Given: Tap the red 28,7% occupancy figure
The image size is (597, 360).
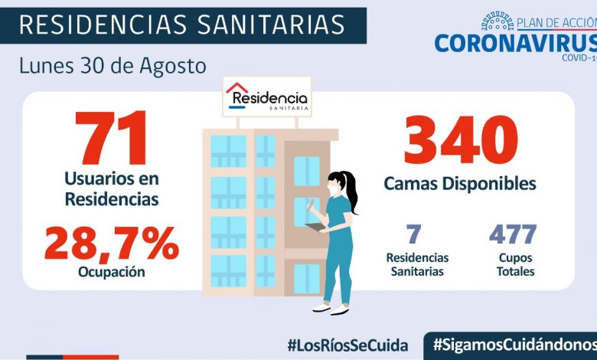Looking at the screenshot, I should click(x=112, y=244).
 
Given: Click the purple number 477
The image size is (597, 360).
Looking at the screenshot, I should click(x=512, y=234).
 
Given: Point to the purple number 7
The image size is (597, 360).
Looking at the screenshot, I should click(x=414, y=234).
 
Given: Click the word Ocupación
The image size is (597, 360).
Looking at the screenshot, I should click(x=112, y=273).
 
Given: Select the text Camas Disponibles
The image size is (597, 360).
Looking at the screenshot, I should click(x=459, y=185).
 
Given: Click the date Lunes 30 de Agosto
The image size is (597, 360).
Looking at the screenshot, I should click(x=113, y=66).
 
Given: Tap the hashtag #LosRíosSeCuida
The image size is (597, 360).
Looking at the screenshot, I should click(x=347, y=344).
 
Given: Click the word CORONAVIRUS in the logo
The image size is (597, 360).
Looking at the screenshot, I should click(x=514, y=42).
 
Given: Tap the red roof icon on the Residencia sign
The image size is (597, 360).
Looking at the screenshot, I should click(x=238, y=88).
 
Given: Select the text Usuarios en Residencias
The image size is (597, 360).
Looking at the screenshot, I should click(x=112, y=188).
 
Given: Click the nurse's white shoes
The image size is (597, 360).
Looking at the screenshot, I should click(x=330, y=309).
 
